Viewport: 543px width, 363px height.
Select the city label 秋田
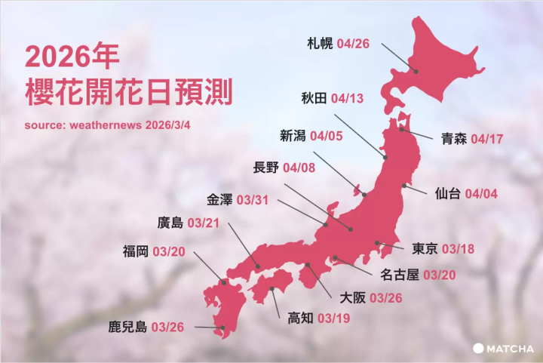(312, 99)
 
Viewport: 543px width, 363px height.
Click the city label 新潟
(292, 137)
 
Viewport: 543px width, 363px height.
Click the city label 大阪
(353, 297)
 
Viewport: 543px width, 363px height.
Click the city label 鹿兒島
(127, 328)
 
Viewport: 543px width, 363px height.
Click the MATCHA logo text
(509, 349)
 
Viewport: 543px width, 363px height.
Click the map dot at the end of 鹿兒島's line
(222, 328)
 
